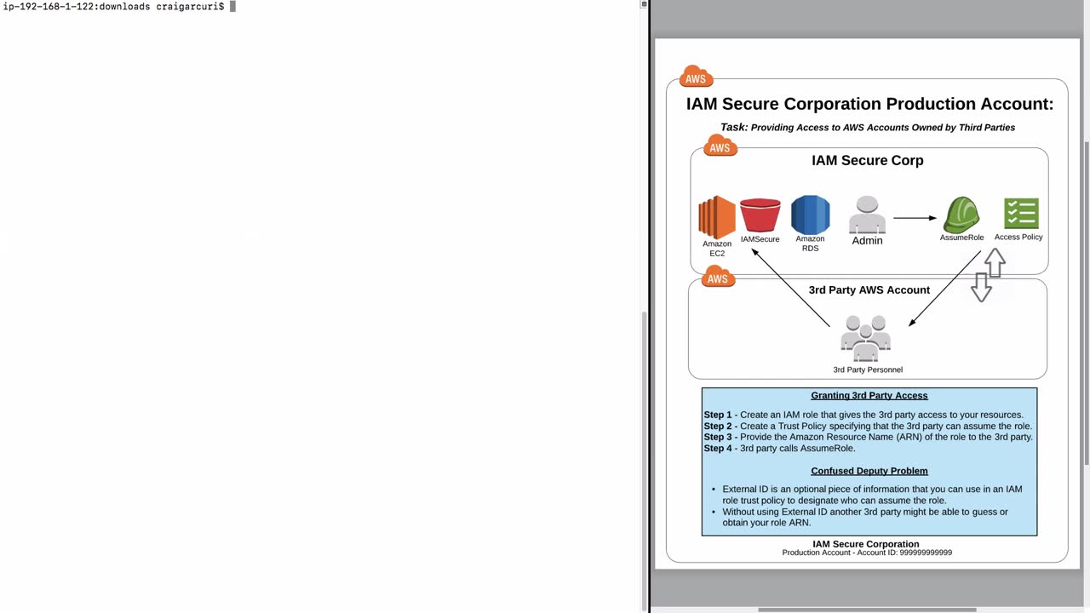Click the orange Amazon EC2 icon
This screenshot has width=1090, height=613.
click(716, 217)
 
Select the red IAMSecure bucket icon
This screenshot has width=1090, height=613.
click(760, 215)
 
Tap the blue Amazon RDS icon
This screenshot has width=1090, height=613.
click(810, 215)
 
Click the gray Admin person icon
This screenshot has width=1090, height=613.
click(867, 215)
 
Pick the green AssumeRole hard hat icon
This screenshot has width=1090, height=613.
click(961, 215)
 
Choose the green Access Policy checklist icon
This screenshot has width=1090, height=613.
click(1020, 214)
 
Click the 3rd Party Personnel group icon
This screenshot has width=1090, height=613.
click(866, 339)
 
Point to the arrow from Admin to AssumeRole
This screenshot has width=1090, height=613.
click(915, 218)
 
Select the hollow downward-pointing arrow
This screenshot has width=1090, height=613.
click(981, 288)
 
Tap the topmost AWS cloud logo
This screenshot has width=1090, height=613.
click(696, 77)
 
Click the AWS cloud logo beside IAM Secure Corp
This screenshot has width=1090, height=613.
click(720, 146)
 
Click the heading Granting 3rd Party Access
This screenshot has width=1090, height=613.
click(869, 396)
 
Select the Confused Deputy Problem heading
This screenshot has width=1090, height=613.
click(869, 471)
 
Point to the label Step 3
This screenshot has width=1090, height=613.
click(718, 437)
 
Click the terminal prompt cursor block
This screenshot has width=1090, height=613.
click(232, 7)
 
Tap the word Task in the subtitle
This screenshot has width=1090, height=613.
click(733, 127)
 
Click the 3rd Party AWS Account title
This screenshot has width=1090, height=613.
click(869, 290)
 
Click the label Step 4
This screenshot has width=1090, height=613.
click(718, 448)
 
